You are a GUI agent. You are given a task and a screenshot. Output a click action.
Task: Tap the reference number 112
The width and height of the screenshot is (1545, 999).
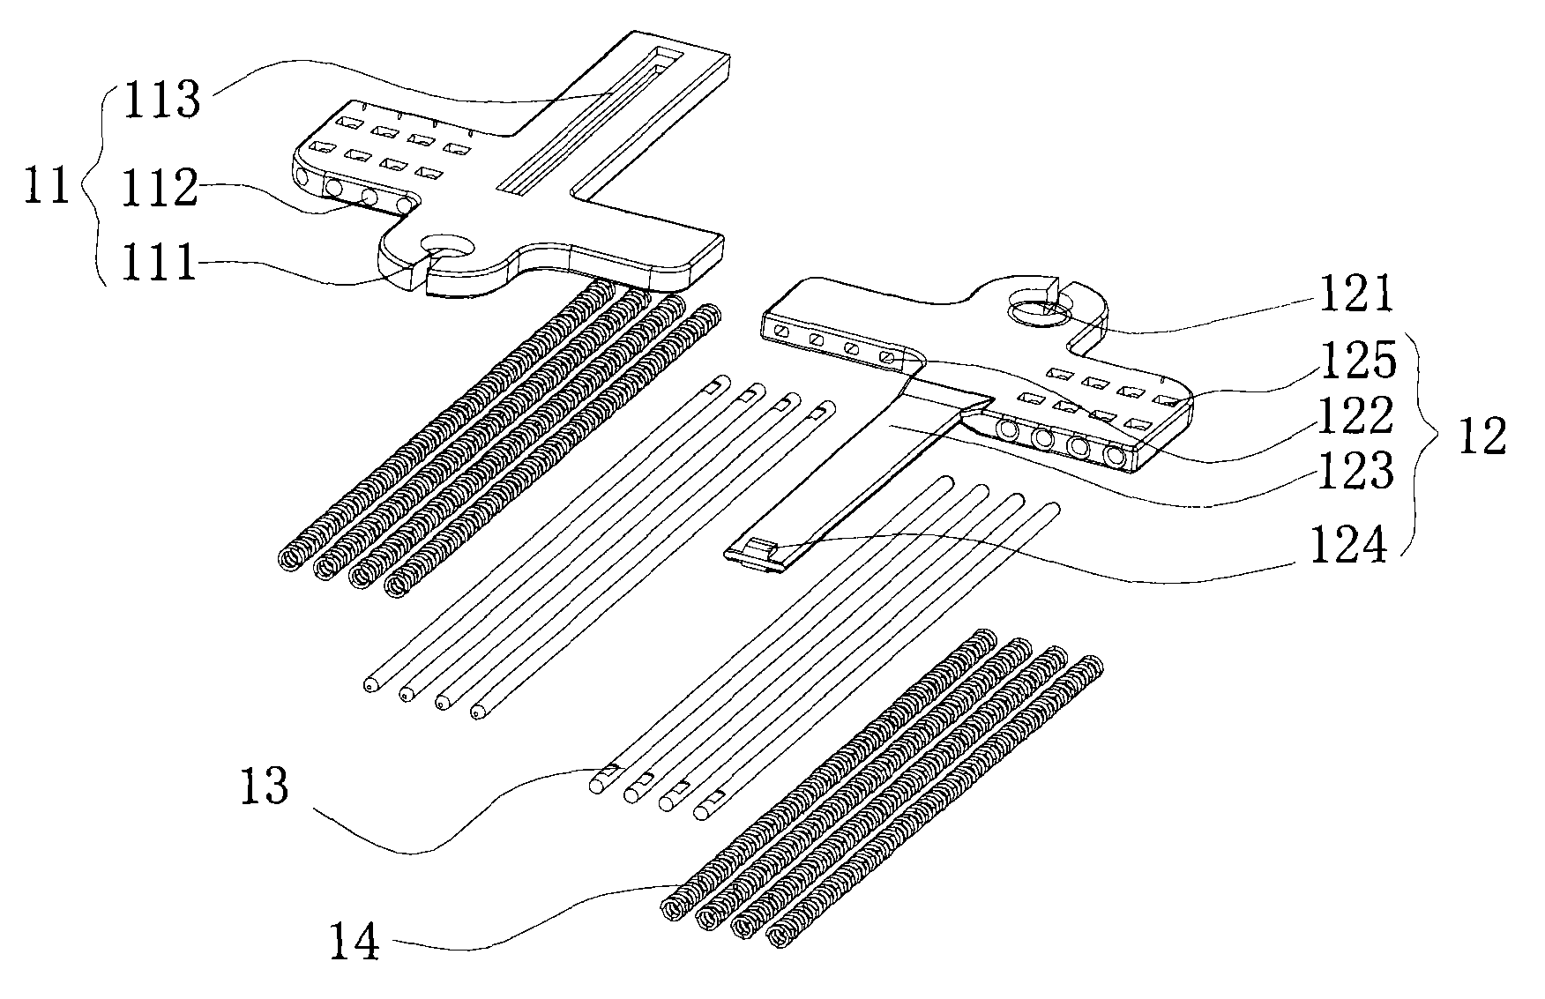click(161, 189)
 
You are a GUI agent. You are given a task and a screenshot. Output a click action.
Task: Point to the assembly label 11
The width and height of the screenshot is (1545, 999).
click(48, 187)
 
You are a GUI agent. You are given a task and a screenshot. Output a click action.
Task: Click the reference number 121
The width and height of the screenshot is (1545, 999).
click(1354, 294)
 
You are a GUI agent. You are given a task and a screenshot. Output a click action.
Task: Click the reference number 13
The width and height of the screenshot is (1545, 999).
click(265, 786)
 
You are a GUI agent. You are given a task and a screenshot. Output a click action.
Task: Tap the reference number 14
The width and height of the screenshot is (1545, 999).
click(355, 941)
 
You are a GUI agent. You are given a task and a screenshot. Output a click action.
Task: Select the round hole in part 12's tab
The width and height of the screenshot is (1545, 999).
click(1039, 309)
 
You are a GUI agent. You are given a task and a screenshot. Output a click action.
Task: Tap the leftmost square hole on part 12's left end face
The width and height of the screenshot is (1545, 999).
click(780, 332)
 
